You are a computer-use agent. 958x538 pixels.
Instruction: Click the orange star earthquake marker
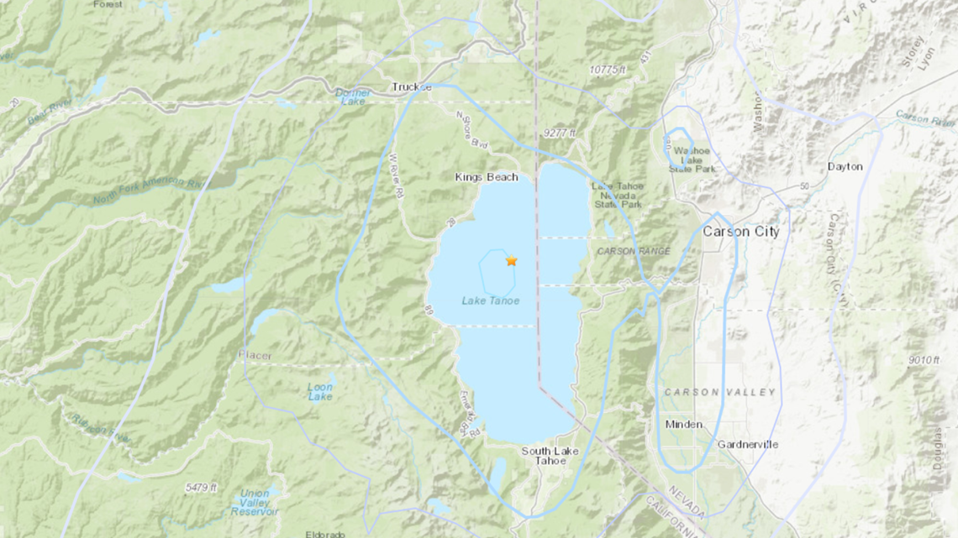pyautogui.click(x=511, y=261)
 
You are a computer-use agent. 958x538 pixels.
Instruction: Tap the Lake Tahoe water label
pyautogui.click(x=490, y=300)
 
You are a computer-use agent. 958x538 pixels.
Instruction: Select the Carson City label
pyautogui.click(x=740, y=232)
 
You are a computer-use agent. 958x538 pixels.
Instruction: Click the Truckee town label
pyautogui.click(x=412, y=87)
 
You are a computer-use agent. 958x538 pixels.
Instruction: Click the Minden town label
pyautogui.click(x=683, y=425)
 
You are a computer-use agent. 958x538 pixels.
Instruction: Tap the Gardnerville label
pyautogui.click(x=747, y=444)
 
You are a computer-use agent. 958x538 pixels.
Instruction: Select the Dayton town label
pyautogui.click(x=845, y=166)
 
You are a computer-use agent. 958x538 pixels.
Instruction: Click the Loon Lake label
pyautogui.click(x=320, y=392)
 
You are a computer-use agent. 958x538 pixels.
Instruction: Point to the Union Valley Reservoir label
pyautogui.click(x=255, y=502)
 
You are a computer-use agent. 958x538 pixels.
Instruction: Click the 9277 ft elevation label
pyautogui.click(x=560, y=133)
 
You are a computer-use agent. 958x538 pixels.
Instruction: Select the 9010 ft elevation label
pyautogui.click(x=924, y=360)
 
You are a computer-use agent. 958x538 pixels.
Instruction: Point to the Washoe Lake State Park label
pyautogui.click(x=692, y=160)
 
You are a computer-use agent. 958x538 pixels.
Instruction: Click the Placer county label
pyautogui.click(x=255, y=356)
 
